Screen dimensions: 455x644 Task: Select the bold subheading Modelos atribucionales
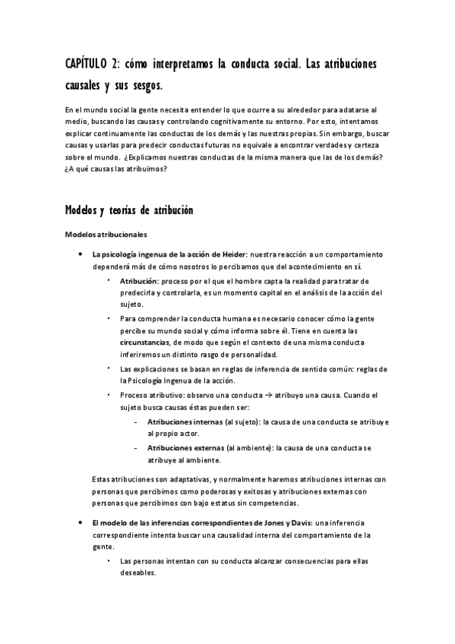106,235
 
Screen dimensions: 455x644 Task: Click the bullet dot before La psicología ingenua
80,254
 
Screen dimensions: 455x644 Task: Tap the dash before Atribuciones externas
135,448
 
